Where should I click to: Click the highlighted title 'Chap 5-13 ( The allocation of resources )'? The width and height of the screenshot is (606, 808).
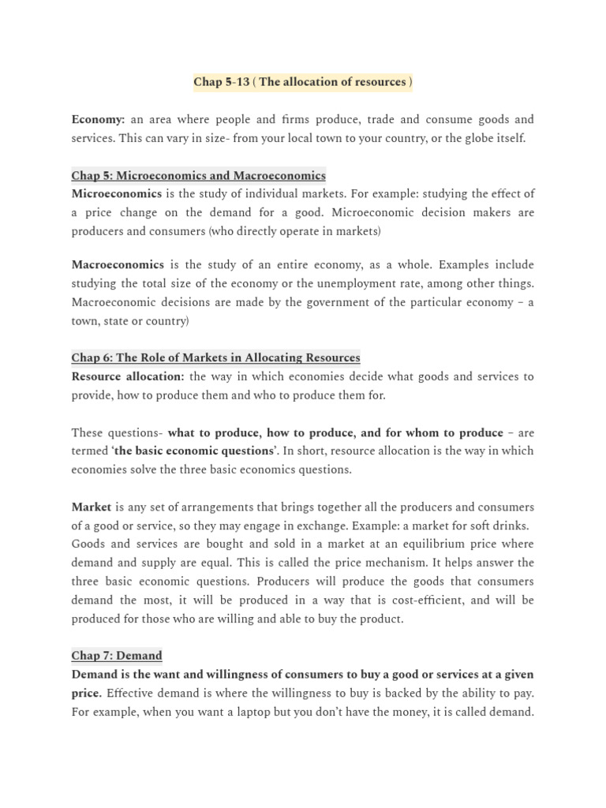click(303, 83)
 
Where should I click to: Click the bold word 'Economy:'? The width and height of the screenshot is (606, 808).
click(98, 120)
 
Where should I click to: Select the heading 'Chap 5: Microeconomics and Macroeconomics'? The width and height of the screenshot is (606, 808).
click(198, 175)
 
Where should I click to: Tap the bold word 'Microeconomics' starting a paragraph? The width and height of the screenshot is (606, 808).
click(116, 193)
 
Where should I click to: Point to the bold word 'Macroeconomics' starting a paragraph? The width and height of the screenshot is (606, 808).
click(118, 265)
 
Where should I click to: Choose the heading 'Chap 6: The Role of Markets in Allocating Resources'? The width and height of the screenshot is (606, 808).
click(215, 357)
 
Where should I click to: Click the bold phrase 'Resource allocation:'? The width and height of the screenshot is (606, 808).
click(128, 376)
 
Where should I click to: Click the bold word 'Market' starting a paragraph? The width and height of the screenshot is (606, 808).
click(92, 507)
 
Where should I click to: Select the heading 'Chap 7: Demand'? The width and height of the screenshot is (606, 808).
click(117, 655)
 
